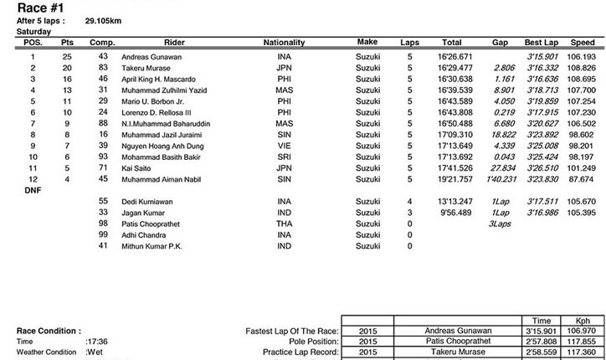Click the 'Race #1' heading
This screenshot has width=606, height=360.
[x=33, y=8]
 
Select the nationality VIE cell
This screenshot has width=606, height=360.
[x=284, y=145]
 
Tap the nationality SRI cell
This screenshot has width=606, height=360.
[x=284, y=157]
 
